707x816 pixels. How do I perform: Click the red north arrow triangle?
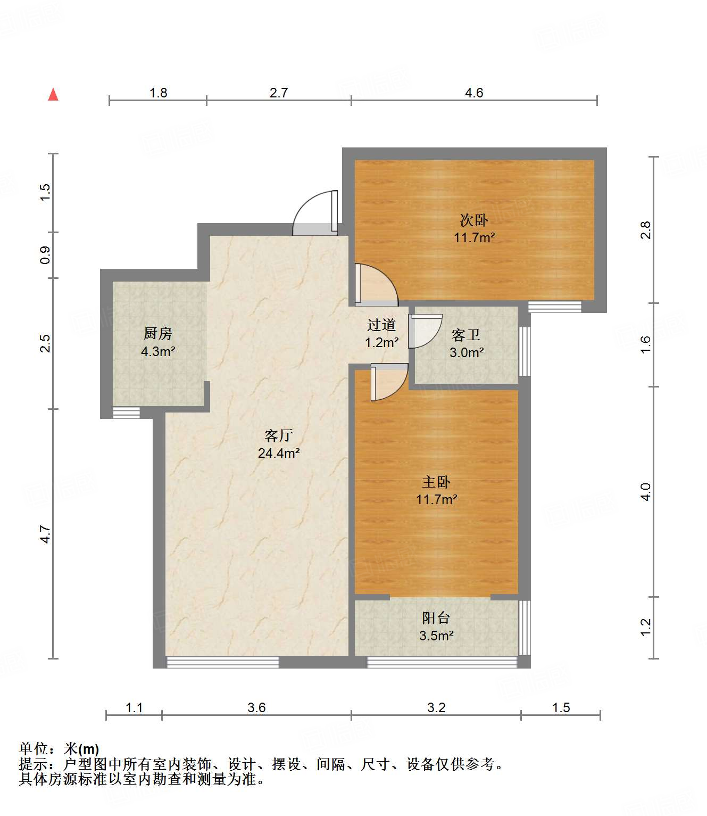click(x=53, y=95)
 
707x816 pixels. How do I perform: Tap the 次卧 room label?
click(x=473, y=220)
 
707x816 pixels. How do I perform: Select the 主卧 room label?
click(x=436, y=482)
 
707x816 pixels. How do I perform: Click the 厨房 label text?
click(x=158, y=334)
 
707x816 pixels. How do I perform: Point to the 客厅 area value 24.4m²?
click(x=279, y=453)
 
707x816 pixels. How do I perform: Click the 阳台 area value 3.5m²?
click(x=436, y=636)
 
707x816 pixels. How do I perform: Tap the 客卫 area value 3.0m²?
click(x=467, y=352)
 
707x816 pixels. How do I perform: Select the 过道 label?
click(x=381, y=325)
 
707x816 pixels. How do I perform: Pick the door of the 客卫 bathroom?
click(x=425, y=331)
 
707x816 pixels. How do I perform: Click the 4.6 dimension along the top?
click(x=474, y=93)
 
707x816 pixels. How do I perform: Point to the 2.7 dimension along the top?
click(x=279, y=93)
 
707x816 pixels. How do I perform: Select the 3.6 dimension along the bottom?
click(x=256, y=707)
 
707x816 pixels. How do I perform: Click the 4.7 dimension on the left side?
click(x=46, y=534)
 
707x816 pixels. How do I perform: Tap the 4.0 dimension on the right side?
click(x=645, y=491)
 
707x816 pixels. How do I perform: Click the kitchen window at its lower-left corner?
click(x=127, y=413)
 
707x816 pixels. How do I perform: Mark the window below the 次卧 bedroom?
click(x=554, y=307)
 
